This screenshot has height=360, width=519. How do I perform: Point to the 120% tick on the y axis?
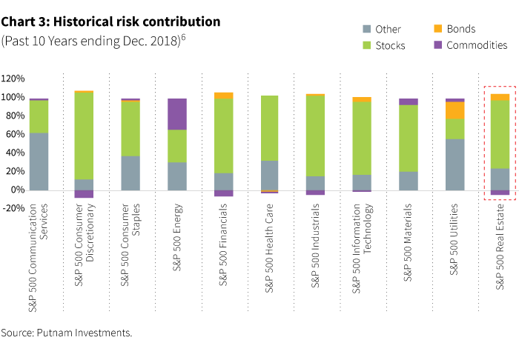click(13, 78)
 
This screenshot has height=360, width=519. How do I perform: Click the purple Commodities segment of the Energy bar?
click(176, 114)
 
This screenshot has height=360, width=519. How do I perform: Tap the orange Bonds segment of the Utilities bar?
click(454, 110)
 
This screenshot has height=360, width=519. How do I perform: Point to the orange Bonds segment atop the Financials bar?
click(222, 96)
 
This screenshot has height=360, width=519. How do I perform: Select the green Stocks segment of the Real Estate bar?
click(500, 134)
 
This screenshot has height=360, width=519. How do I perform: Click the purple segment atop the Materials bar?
click(408, 101)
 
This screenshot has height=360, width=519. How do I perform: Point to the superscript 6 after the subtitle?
click(183, 37)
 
